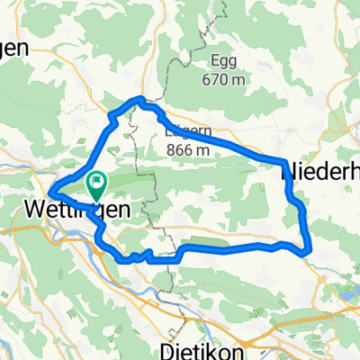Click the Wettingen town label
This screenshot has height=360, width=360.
pos(80,210)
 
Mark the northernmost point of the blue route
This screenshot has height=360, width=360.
pos(139,98)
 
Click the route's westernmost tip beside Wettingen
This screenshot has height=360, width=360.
pos(49,192)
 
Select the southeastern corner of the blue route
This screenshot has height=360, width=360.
pos(308,251)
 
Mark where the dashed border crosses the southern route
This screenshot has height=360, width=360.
pos(169,257)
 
